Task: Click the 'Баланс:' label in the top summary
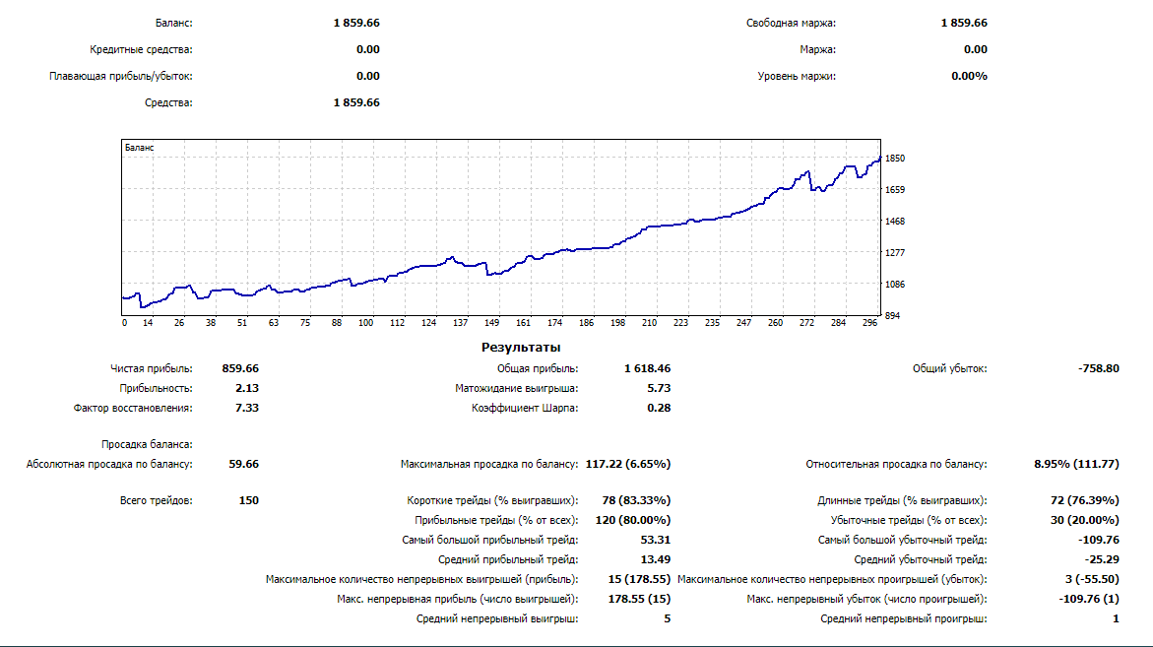point(174,23)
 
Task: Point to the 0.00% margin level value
point(969,76)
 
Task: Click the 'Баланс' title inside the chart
point(140,148)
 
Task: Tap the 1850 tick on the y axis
point(895,158)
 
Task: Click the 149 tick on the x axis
point(492,322)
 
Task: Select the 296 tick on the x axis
point(869,322)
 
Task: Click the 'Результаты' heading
point(521,347)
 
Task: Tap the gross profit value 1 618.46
point(647,368)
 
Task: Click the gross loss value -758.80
point(1098,368)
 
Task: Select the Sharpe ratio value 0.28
point(659,408)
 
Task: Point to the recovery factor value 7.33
point(247,408)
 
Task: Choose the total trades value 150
point(248,500)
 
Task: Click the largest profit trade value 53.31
point(656,540)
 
